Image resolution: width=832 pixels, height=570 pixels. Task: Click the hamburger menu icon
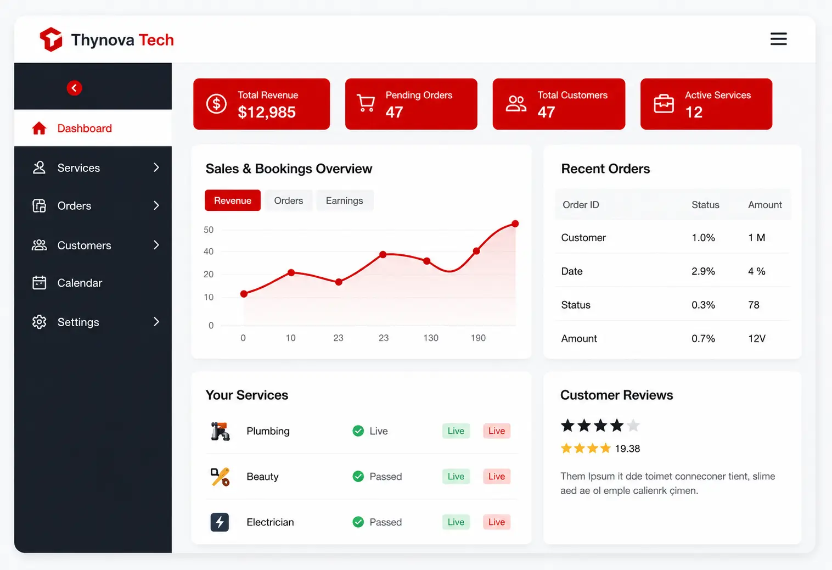tap(778, 39)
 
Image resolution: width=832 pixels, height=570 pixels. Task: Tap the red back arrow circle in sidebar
tap(74, 88)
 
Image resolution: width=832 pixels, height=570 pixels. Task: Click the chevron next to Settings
tap(156, 322)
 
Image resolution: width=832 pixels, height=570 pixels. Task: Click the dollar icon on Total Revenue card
tap(217, 104)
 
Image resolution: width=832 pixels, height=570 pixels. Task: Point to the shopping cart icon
tap(366, 103)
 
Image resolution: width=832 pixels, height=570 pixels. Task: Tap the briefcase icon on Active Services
tap(664, 103)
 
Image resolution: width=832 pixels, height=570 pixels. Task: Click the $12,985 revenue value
tap(267, 112)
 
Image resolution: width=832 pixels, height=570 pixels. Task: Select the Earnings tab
tap(344, 200)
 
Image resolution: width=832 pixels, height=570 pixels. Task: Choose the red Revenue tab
tap(233, 200)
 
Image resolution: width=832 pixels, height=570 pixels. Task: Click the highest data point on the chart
tap(515, 223)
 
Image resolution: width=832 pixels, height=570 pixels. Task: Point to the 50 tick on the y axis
tap(209, 230)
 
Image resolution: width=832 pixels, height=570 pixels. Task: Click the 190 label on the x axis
tap(478, 338)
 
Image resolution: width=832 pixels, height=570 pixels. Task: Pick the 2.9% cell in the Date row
tap(703, 271)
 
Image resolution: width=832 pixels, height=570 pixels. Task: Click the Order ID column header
tap(581, 205)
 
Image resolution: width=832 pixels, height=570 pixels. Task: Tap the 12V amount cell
tap(757, 338)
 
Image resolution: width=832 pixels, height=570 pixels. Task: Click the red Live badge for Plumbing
tap(497, 431)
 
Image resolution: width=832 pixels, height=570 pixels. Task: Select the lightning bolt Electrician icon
tap(220, 522)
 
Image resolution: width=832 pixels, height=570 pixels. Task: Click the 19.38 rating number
tap(627, 449)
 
